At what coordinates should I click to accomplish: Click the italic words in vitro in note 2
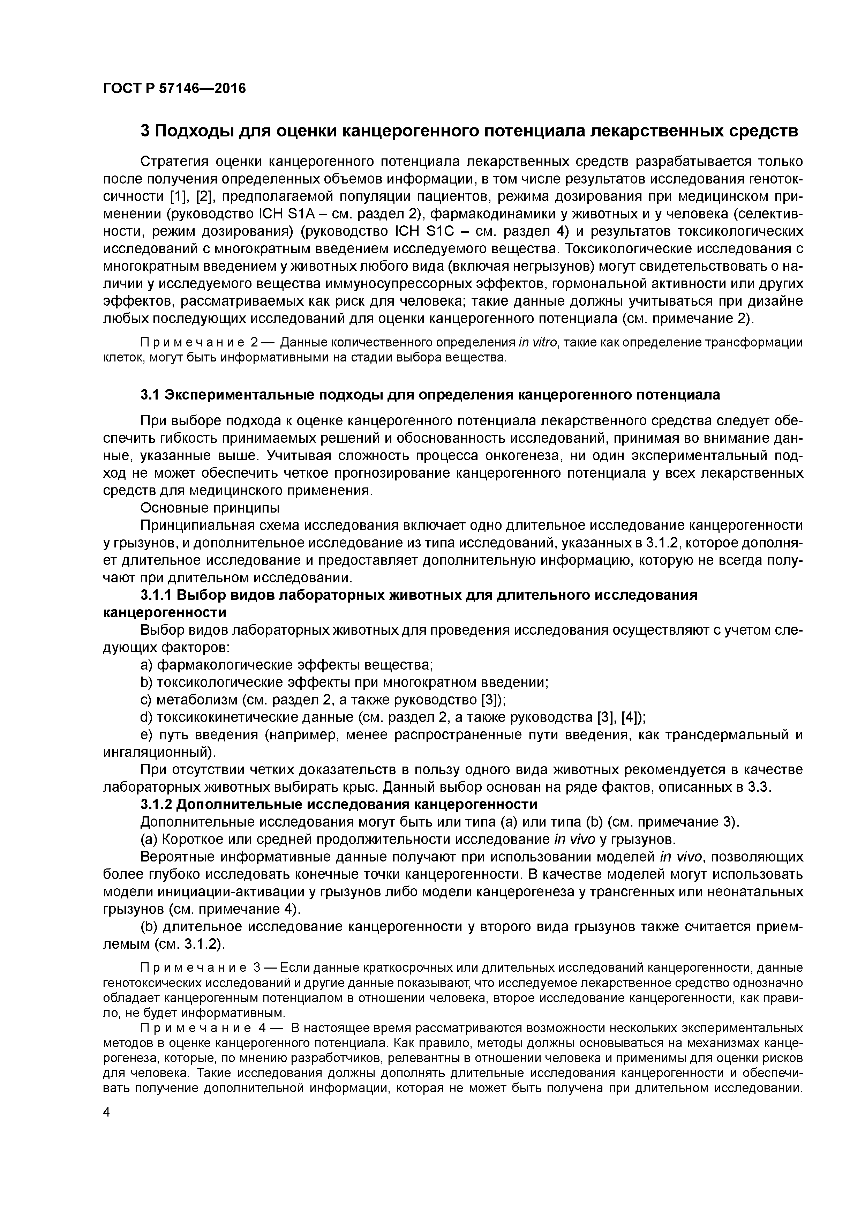coord(538,342)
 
